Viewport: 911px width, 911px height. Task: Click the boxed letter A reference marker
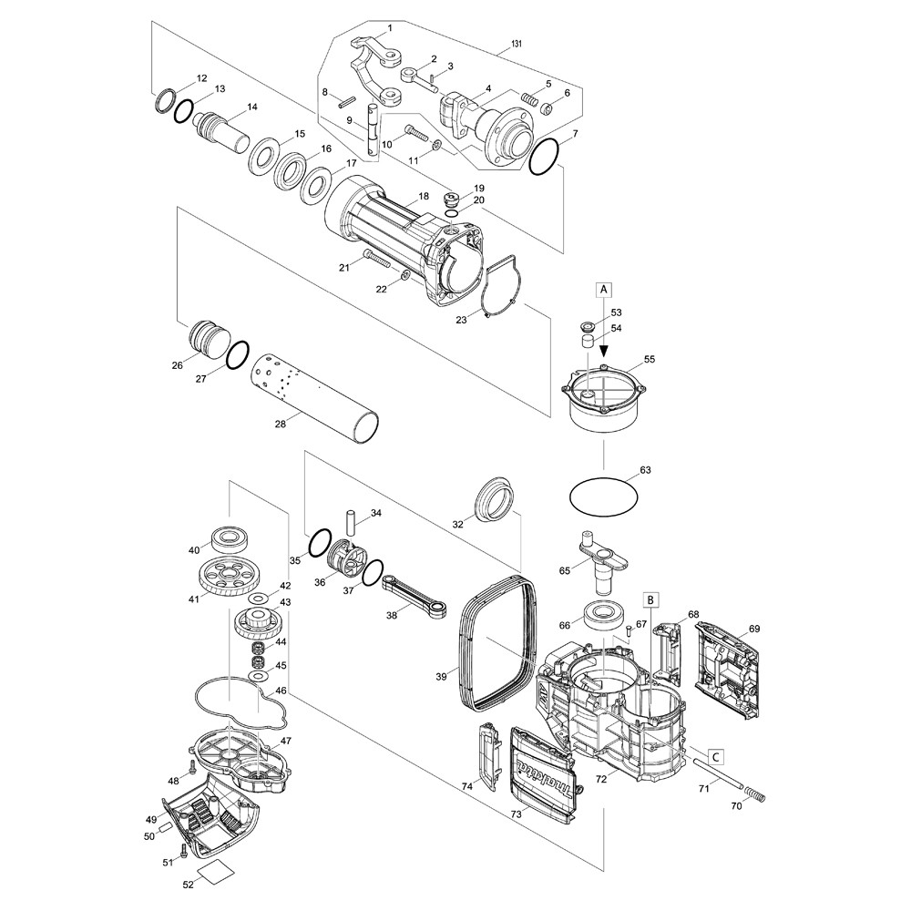pos(604,288)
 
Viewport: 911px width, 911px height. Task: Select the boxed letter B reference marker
pos(651,599)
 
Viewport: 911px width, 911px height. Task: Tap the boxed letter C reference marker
pos(716,756)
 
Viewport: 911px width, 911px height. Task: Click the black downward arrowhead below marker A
pos(604,352)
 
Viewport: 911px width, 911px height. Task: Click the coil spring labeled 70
pos(755,793)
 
